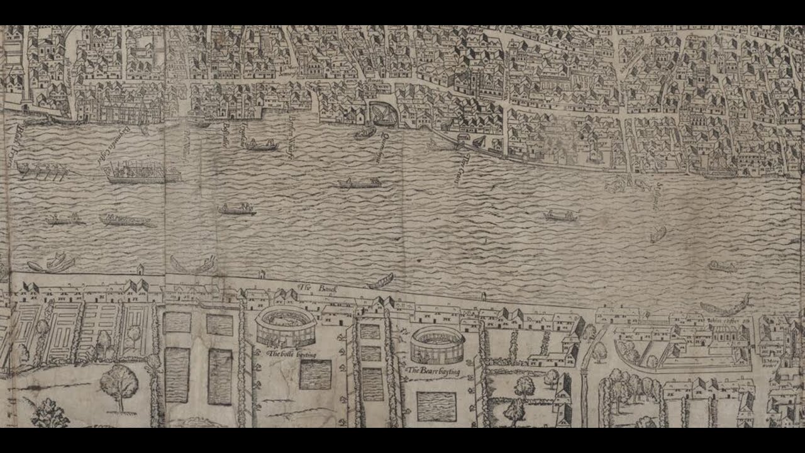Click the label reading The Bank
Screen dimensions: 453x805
(318, 288)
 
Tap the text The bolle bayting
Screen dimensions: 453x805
(292, 354)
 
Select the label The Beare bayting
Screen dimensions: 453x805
(433, 371)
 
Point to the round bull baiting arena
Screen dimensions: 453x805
(286, 325)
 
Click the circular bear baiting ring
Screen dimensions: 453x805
(438, 345)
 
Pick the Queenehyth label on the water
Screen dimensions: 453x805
(379, 148)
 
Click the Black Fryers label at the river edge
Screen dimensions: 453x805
(13, 145)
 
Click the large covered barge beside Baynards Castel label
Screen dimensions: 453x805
(142, 172)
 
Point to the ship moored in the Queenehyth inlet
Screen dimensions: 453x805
(383, 114)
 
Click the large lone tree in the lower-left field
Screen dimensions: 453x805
(119, 384)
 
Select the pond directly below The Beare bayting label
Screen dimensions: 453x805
(436, 406)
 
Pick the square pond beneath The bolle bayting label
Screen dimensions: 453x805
(315, 374)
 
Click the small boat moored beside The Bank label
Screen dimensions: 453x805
(381, 281)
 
